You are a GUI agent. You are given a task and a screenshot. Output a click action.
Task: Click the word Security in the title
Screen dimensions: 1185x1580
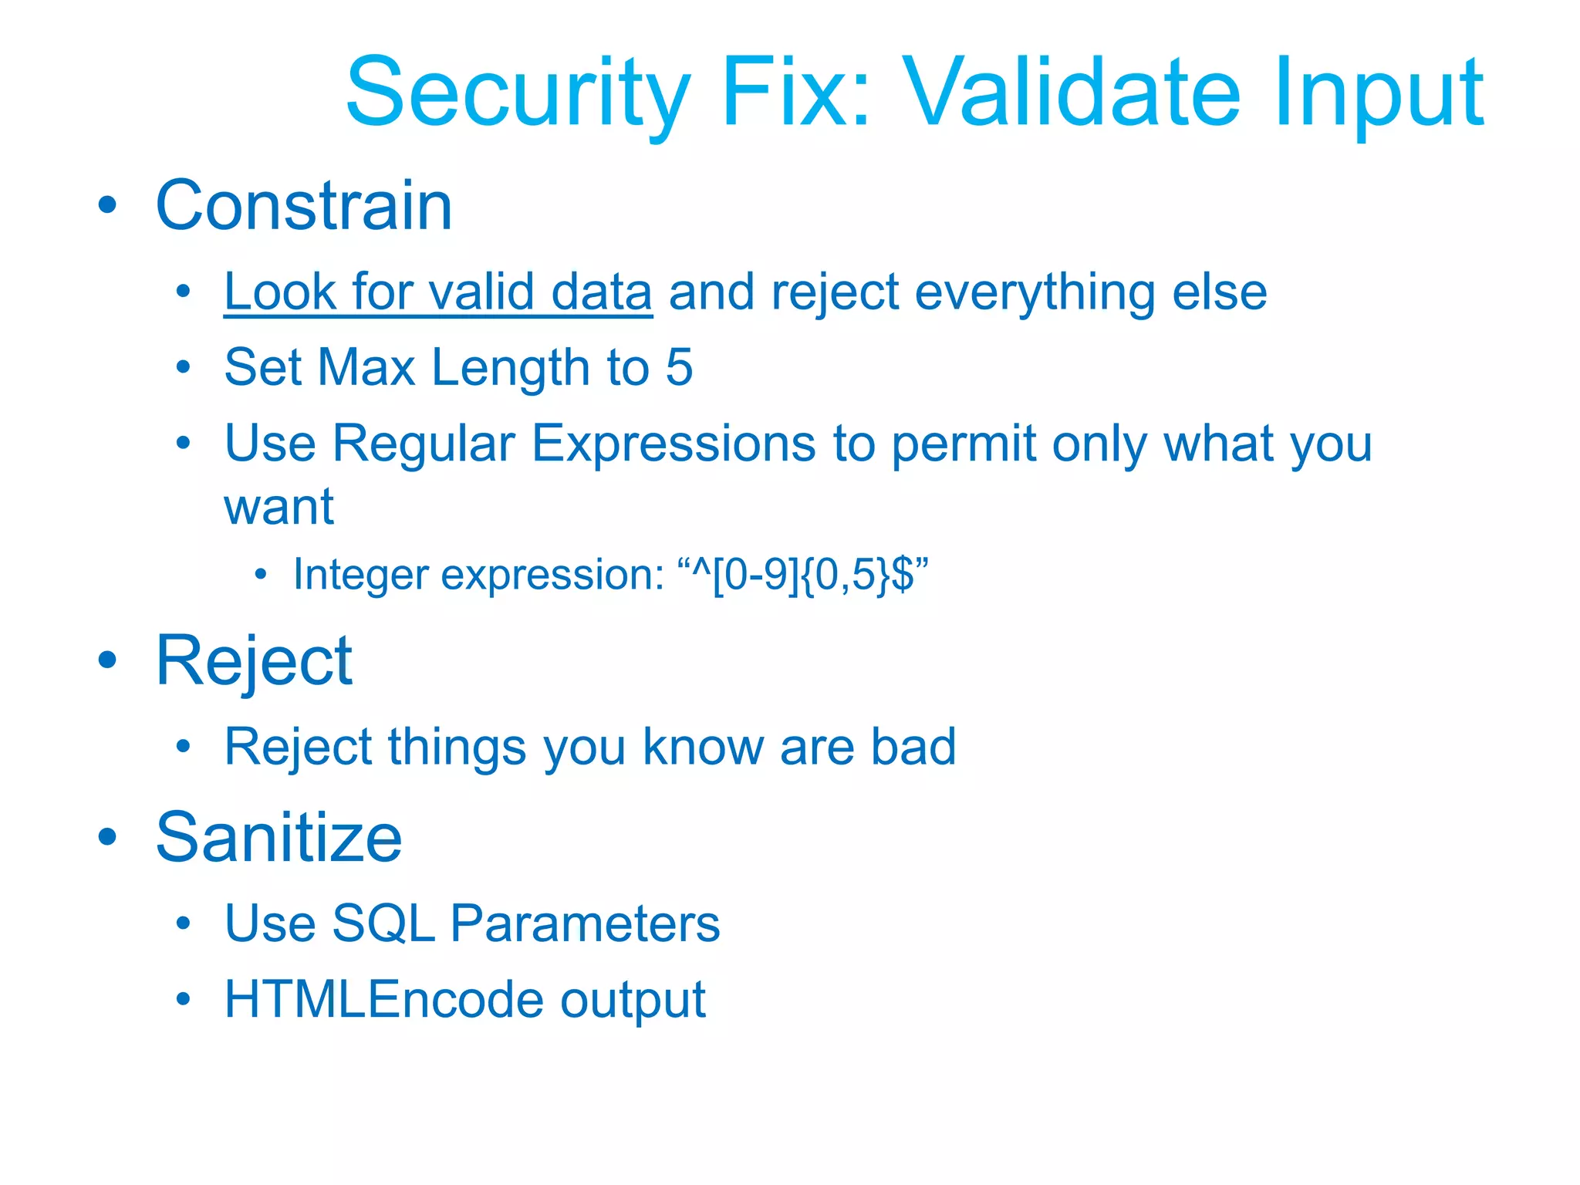517,93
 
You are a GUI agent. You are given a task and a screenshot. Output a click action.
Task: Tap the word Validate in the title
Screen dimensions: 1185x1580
1072,93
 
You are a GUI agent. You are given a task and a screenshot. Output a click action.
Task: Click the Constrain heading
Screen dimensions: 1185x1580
303,205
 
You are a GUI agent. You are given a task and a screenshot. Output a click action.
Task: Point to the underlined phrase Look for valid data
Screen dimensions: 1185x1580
437,292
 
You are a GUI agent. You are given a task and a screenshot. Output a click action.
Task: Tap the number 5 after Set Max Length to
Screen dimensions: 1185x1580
679,367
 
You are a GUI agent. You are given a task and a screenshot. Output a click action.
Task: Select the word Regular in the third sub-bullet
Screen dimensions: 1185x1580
424,444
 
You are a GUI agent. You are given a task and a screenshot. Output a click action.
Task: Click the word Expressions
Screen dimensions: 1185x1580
674,445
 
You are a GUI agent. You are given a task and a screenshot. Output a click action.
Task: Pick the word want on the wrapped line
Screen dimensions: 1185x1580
279,507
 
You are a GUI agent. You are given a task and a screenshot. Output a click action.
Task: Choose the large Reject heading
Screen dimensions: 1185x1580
254,661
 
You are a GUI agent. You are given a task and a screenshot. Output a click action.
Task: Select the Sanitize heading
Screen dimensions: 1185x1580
279,838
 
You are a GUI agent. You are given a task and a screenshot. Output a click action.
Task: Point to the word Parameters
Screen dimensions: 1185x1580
585,923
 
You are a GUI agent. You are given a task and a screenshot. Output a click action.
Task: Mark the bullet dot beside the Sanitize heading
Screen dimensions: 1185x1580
107,837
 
